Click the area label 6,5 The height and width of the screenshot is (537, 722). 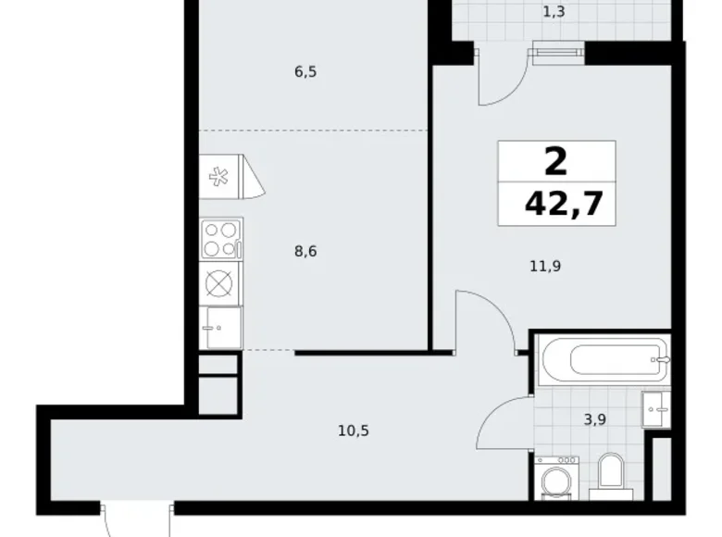pos(306,71)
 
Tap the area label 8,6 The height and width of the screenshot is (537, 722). pos(306,250)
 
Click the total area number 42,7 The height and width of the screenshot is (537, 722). pos(556,203)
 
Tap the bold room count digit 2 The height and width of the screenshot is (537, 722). pos(555,163)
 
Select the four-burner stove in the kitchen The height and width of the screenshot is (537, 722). pos(221,239)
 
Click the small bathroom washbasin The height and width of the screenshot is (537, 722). pos(655,406)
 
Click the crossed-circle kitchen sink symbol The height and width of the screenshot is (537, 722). pos(220,283)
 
